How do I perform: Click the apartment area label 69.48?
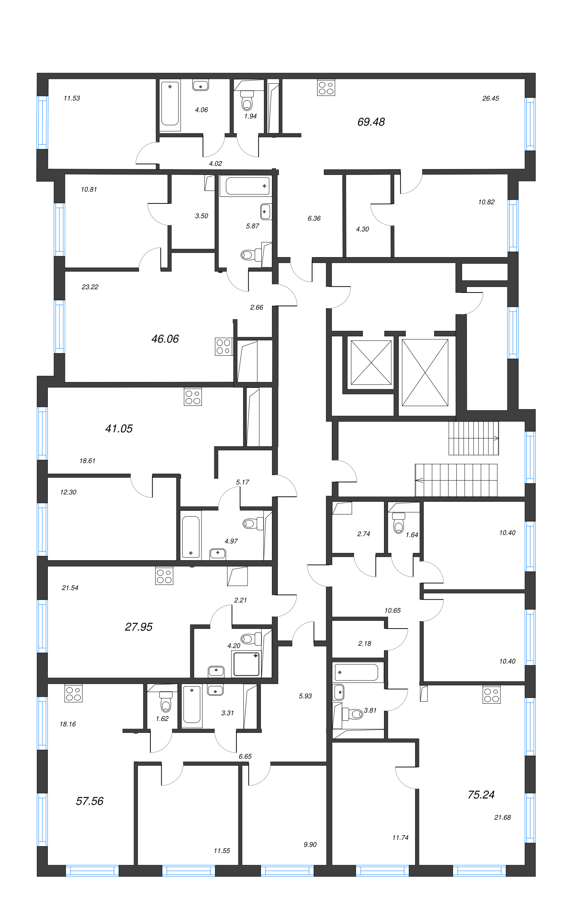point(371,122)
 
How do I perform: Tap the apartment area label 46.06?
point(165,339)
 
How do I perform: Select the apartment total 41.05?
point(119,428)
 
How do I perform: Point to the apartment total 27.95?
point(138,627)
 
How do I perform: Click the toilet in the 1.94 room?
point(247,101)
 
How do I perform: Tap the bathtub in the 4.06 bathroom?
point(170,104)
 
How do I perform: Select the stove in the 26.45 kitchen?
point(326,88)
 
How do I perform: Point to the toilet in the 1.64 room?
point(399,523)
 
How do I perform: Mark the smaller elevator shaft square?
point(371,362)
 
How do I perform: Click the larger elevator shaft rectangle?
point(425,372)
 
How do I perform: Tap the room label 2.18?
point(365,643)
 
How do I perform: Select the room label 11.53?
point(72,98)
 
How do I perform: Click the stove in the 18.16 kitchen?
point(73,694)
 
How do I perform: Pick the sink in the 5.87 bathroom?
point(266,211)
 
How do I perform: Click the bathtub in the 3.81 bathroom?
point(356,672)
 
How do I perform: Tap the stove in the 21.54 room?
point(164,576)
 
